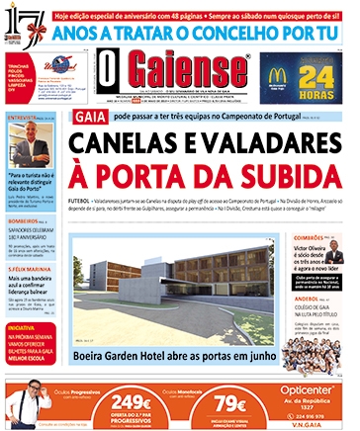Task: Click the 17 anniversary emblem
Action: pyautogui.click(x=21, y=21)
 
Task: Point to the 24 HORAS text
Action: pyautogui.click(x=315, y=78)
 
